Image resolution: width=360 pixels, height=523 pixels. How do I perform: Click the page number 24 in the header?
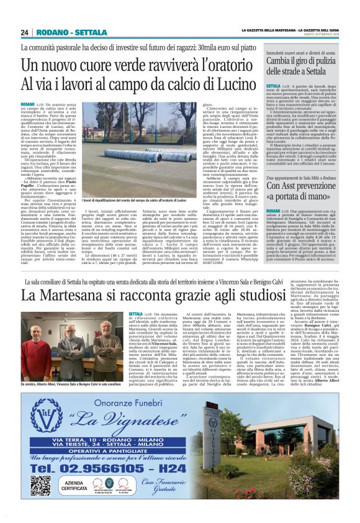(x=25, y=32)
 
